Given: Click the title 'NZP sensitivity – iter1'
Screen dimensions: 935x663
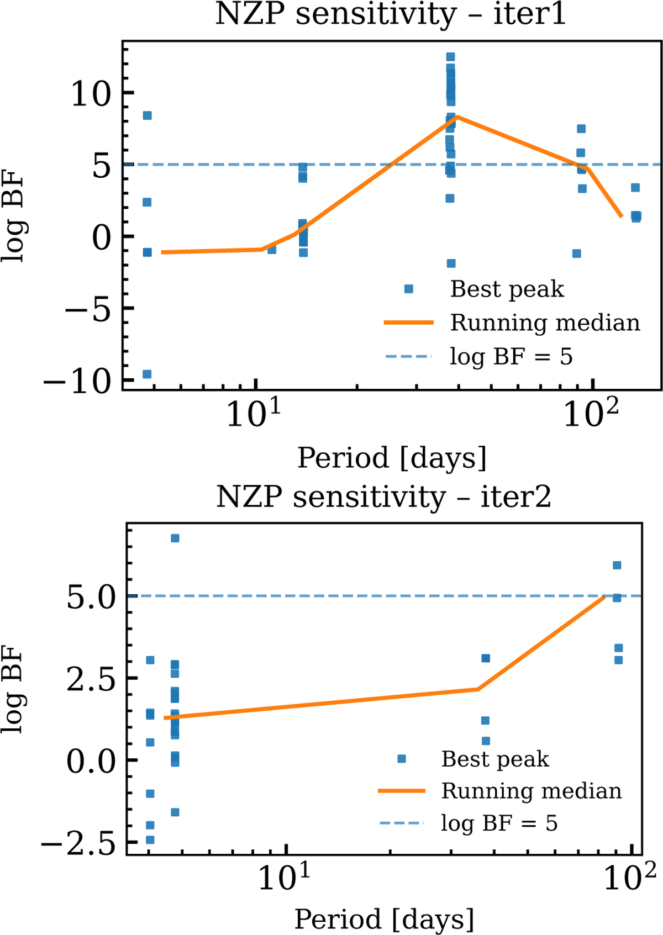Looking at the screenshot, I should click(391, 15).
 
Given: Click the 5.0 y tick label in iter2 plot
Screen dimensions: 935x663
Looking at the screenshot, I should click(91, 597).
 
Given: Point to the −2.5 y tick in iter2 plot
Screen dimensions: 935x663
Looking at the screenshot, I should click(78, 843).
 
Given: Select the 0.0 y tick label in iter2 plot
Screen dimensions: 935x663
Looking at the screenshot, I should click(91, 761).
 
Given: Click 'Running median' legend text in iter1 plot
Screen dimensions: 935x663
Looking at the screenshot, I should click(545, 323).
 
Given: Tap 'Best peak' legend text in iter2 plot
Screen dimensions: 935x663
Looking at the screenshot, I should click(495, 759).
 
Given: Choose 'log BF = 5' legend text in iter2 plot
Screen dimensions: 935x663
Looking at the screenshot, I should click(499, 823).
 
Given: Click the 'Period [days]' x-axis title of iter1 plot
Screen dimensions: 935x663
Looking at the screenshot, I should click(392, 458).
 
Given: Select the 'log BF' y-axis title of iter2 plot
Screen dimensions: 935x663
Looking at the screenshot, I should click(13, 690).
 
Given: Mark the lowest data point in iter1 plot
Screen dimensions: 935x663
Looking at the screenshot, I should click(147, 374).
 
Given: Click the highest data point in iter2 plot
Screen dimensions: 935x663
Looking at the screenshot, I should click(175, 538).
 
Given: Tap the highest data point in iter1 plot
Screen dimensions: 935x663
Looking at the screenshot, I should click(450, 57).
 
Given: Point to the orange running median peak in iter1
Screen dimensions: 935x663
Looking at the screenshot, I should click(457, 117).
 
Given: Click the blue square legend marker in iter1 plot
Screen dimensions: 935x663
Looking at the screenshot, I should click(409, 289).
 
